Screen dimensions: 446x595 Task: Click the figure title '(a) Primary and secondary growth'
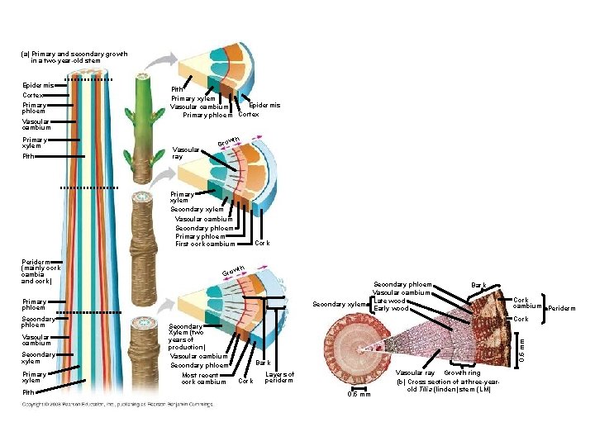(x=74, y=54)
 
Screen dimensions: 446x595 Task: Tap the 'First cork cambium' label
(x=205, y=244)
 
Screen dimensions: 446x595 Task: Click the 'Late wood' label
(x=389, y=301)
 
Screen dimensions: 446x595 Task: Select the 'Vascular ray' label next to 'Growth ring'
(x=415, y=373)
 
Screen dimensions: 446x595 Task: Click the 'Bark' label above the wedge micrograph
(x=479, y=284)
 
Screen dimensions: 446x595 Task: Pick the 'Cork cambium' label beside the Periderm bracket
(x=526, y=303)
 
